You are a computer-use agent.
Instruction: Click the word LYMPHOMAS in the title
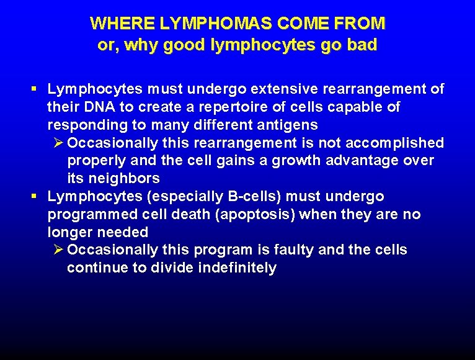click(x=203, y=24)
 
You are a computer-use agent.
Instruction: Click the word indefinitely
click(x=237, y=268)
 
